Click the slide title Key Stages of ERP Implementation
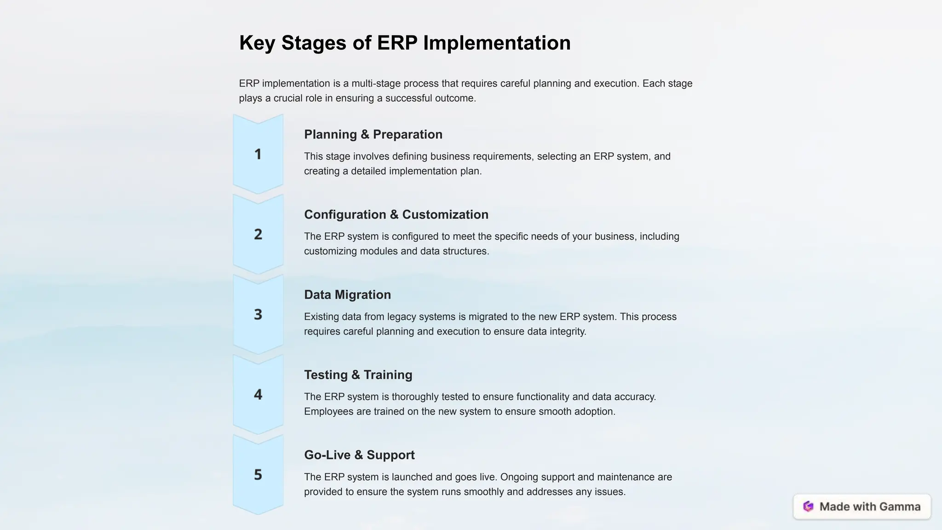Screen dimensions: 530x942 point(405,43)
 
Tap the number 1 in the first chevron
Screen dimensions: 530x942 point(258,154)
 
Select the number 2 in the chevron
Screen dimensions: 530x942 point(258,234)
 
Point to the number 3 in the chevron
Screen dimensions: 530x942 point(258,314)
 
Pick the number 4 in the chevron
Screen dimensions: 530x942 point(258,394)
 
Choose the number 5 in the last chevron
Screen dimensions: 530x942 point(258,474)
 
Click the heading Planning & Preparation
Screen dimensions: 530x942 point(373,134)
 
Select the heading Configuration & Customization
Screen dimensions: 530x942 point(396,214)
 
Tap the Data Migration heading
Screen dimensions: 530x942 point(347,294)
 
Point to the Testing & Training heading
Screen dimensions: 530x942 point(358,374)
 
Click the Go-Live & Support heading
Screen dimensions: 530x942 point(359,455)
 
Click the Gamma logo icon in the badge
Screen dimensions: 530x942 point(808,507)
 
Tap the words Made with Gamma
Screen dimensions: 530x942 point(870,507)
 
